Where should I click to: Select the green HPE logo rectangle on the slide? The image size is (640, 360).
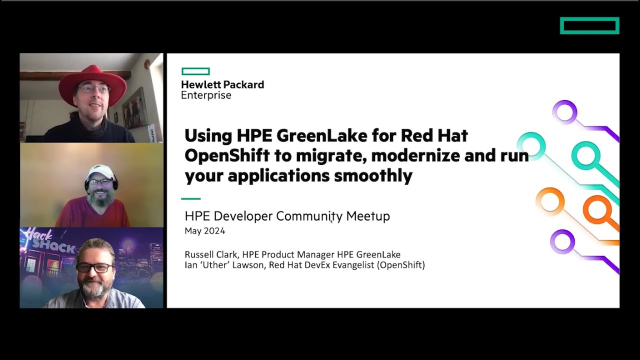coord(195,71)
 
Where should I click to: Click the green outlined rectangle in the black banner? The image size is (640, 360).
coord(589,25)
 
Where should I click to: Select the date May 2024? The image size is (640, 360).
coord(205,231)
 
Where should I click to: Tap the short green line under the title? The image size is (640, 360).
coord(190,198)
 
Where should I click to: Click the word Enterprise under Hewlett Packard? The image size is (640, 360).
coord(206,95)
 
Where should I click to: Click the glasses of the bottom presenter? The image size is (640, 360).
coord(94,267)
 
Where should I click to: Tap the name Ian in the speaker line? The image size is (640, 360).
coord(191,265)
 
